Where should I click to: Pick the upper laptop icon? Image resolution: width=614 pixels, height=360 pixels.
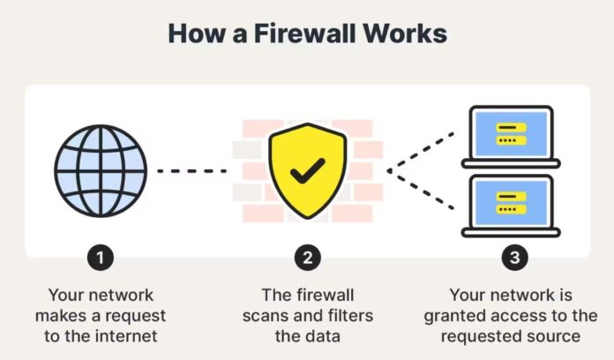tap(511, 135)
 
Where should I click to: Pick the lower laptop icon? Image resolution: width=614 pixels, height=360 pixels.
tap(511, 205)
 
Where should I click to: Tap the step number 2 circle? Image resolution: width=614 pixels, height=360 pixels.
tap(306, 258)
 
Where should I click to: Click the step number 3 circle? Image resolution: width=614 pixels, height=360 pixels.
tap(511, 258)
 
